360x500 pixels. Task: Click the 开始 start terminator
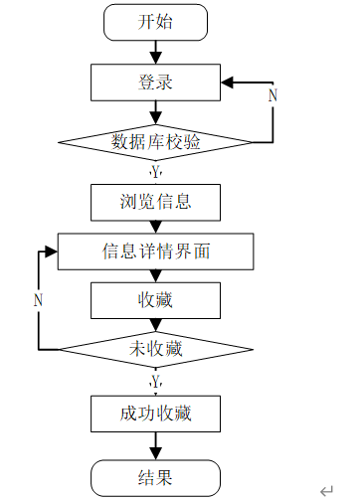point(155,23)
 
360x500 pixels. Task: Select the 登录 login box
point(155,83)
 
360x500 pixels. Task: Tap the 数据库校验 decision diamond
point(155,142)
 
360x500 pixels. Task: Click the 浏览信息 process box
point(155,203)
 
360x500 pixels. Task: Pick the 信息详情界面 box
point(155,251)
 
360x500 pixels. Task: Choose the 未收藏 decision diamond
point(155,349)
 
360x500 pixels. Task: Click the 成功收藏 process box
point(155,414)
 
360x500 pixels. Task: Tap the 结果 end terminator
point(155,478)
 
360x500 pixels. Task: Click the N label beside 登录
point(272,95)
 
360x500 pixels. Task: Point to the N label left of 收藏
point(38,300)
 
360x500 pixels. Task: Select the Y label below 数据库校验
point(155,172)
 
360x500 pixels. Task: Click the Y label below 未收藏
point(155,382)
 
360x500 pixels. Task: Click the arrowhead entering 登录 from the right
point(227,83)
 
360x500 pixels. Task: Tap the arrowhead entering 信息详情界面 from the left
point(52,251)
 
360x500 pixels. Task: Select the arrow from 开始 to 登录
point(155,53)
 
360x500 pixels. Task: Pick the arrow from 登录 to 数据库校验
point(155,112)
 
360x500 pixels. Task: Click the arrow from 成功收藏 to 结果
point(155,445)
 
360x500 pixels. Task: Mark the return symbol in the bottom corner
point(326,490)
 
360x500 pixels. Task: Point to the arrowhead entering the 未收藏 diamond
point(155,325)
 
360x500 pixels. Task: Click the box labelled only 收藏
point(155,300)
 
